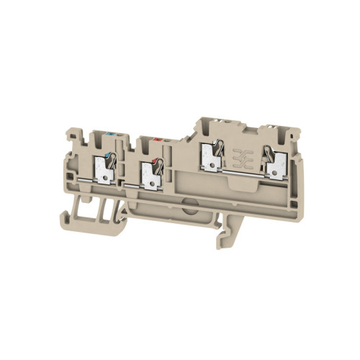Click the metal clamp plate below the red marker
tap(152, 176)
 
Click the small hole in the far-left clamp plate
tap(107, 175)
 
